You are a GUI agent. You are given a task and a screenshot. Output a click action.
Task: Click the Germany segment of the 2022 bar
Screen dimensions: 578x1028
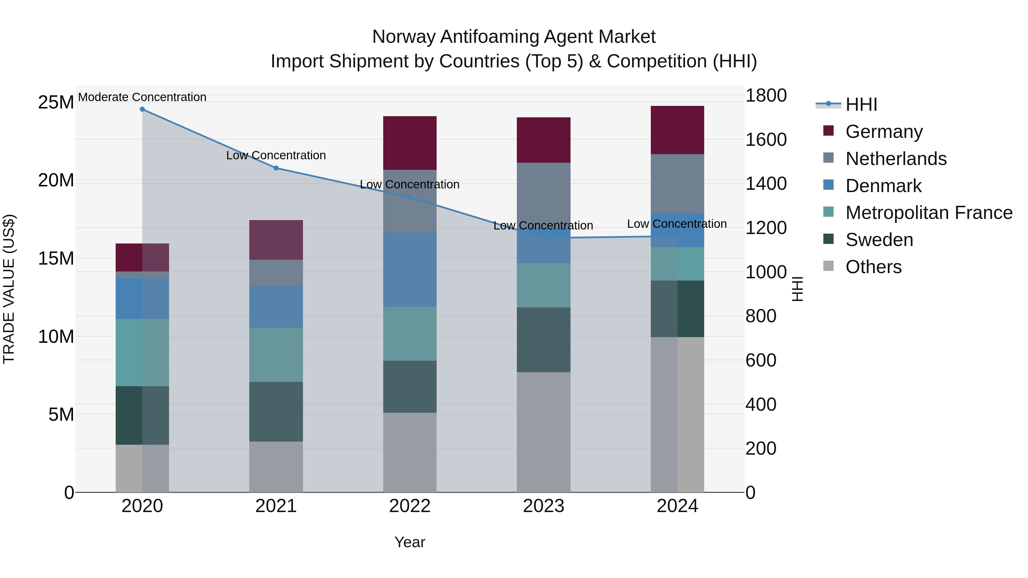click(409, 143)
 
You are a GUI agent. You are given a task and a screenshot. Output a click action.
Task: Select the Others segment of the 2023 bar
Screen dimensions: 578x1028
click(543, 432)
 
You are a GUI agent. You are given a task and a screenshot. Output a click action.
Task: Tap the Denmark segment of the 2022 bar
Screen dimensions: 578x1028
click(409, 270)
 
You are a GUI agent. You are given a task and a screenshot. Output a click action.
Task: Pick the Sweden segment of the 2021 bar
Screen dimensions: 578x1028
click(276, 411)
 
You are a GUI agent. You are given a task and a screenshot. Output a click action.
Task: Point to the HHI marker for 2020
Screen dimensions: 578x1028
click(142, 109)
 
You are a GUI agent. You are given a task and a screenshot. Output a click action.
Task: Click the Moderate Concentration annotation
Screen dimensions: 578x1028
click(142, 97)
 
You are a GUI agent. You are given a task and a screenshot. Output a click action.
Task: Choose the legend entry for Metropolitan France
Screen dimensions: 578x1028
click(928, 213)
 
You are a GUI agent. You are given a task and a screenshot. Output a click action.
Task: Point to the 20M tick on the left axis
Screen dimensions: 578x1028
click(56, 180)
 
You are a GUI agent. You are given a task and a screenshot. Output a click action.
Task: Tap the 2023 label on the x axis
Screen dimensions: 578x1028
click(543, 506)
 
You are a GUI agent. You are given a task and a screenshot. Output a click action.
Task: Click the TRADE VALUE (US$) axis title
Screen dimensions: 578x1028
click(9, 289)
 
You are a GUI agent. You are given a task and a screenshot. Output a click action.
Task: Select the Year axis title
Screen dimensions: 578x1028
click(409, 542)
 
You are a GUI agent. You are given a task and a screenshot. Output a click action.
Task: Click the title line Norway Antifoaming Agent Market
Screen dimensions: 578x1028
click(514, 37)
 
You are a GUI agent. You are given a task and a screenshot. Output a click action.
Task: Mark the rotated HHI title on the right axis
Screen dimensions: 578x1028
click(797, 289)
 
